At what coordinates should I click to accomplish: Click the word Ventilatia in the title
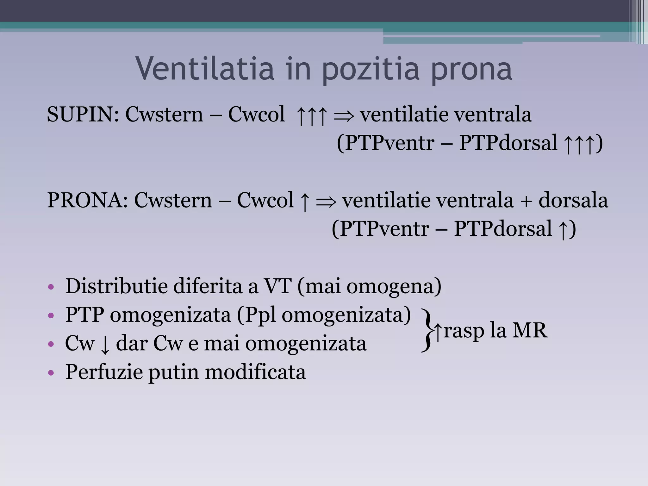(x=205, y=68)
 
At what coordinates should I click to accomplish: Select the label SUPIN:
(x=83, y=114)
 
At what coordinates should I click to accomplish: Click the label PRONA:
(x=87, y=200)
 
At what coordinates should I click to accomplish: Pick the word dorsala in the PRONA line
(x=573, y=200)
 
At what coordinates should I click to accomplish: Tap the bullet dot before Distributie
(x=51, y=287)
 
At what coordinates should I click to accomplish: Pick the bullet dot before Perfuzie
(x=51, y=373)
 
